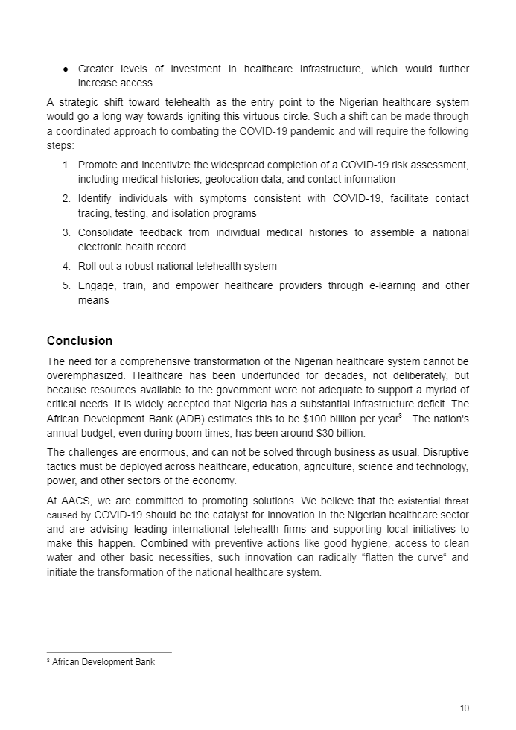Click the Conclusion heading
point(80,341)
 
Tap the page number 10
point(465,708)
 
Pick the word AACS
point(76,501)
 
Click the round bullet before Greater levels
point(66,69)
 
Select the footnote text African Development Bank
point(103,662)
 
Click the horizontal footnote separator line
point(109,653)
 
